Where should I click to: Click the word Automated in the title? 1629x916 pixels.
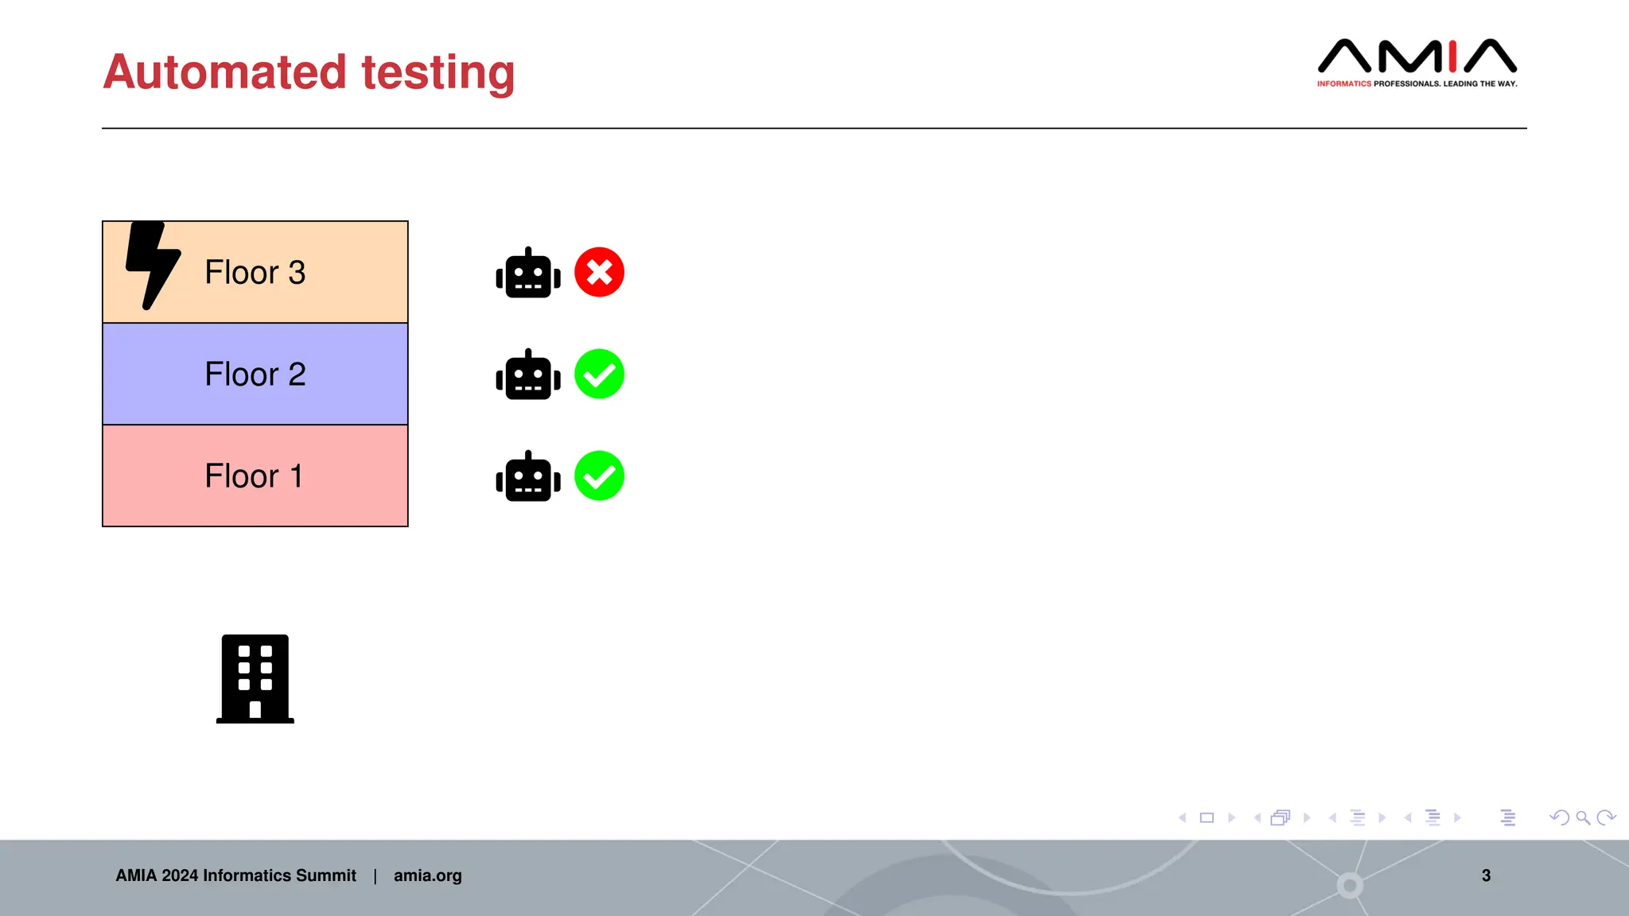pos(224,72)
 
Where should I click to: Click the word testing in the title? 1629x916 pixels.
pos(437,73)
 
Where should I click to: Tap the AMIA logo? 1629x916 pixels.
pos(1417,57)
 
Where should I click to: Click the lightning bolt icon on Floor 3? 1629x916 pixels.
pos(153,264)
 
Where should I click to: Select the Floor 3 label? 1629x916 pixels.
pos(255,273)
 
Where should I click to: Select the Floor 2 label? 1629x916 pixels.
pos(255,375)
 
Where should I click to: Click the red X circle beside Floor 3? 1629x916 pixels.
pos(599,272)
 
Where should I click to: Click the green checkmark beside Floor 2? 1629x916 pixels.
pos(599,374)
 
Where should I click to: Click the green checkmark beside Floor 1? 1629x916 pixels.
pos(599,475)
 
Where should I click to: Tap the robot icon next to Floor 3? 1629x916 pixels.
pos(528,274)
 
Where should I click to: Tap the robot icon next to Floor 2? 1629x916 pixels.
pos(528,375)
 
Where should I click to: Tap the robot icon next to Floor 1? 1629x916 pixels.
pos(528,477)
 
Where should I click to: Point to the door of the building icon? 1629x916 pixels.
pos(255,710)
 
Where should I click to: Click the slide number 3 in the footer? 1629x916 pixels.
pos(1486,875)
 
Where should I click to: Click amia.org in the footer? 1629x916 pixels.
pos(427,875)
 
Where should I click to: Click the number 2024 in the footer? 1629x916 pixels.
pos(180,875)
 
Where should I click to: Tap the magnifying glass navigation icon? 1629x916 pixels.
pos(1583,817)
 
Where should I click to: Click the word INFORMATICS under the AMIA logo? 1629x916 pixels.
pos(1343,83)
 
